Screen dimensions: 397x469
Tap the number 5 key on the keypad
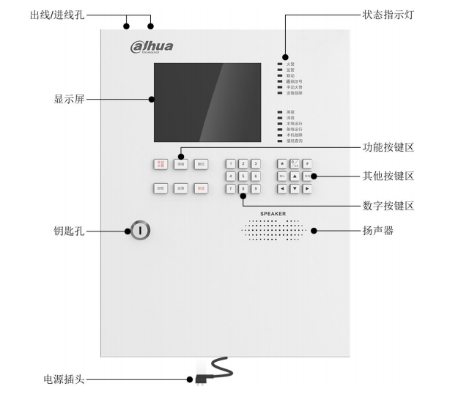tap(243, 176)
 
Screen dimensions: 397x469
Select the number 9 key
tap(256, 188)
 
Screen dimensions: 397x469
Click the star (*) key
tap(282, 164)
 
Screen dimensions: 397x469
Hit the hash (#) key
tap(307, 164)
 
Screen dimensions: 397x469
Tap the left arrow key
tap(282, 188)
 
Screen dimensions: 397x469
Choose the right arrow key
tap(307, 188)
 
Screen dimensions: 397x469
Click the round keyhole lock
tap(141, 231)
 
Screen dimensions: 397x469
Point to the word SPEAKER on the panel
tap(273, 214)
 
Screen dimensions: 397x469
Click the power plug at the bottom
tap(199, 379)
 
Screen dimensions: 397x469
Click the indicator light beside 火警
tap(279, 64)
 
